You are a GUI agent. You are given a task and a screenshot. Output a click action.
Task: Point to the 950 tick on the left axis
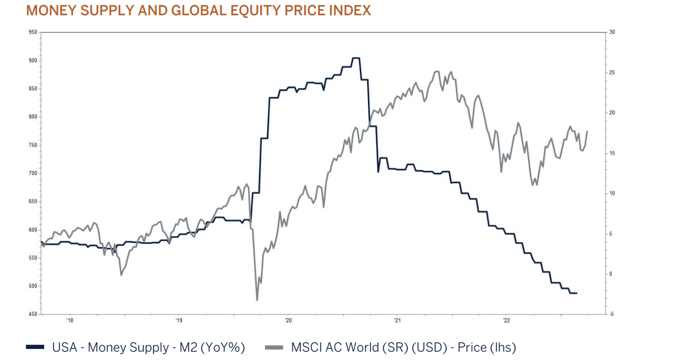coord(32,32)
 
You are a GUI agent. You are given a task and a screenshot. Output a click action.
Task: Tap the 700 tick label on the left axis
coord(32,174)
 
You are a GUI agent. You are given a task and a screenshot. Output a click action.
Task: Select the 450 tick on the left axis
coord(32,315)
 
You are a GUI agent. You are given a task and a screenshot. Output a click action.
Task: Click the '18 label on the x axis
coord(70,320)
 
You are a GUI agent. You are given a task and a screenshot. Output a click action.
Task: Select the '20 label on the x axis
coord(288,320)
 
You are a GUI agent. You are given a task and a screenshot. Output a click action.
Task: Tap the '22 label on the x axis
coord(506,320)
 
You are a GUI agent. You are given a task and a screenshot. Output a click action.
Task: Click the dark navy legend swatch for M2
coord(35,347)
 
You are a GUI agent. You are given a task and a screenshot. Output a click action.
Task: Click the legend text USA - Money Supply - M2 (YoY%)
coord(149,347)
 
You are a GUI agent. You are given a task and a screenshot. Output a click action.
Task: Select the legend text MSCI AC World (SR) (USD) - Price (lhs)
coord(403,347)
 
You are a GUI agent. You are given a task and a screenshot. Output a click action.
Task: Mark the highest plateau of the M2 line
coord(355,58)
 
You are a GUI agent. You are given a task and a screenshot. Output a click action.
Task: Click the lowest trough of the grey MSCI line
coord(257,300)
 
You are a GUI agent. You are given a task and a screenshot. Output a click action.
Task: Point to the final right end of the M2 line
coord(576,293)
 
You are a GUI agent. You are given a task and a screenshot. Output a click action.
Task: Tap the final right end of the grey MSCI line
coord(587,131)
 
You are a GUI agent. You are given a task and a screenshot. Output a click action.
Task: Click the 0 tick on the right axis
coord(611,274)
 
